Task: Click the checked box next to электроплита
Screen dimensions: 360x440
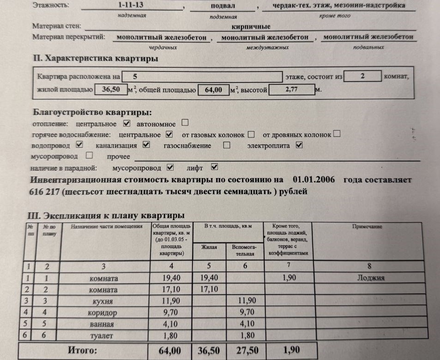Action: (299, 145)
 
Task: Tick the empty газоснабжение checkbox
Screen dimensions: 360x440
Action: (227, 145)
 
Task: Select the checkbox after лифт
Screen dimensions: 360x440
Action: (214, 167)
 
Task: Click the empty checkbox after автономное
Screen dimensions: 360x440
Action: (185, 123)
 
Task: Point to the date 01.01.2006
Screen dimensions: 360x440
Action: (314, 179)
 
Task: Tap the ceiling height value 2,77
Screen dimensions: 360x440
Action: (291, 90)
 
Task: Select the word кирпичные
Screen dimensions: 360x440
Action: (251, 27)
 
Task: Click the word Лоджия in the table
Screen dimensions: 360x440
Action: (371, 278)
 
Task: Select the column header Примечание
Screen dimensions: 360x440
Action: (367, 227)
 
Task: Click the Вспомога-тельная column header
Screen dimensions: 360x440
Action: (244, 251)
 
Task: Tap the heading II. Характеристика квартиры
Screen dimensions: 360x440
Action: (96, 59)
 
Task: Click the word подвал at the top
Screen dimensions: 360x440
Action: (223, 6)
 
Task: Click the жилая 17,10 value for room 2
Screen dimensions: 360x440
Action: (210, 289)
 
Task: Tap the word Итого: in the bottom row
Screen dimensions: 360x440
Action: (83, 350)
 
